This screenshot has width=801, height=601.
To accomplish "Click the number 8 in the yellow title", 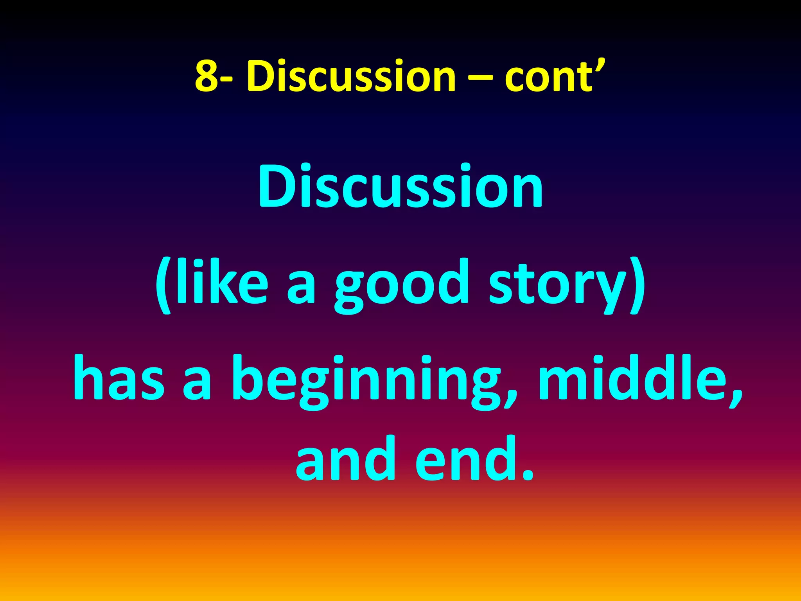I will click(207, 76).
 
